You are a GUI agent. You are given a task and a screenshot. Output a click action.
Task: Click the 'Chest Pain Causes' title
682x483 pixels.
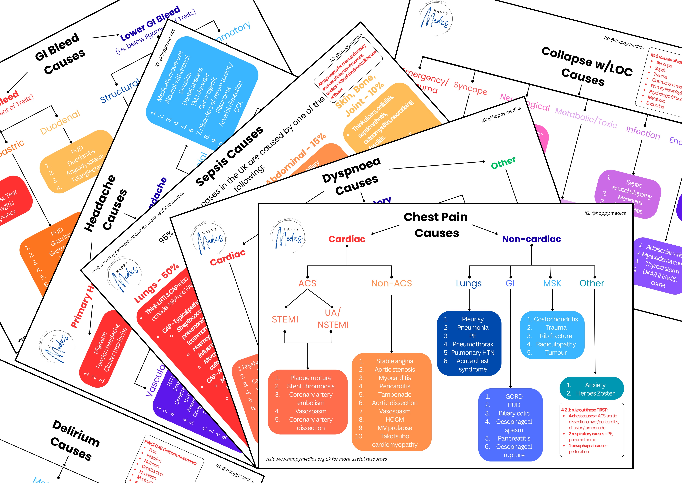click(x=436, y=225)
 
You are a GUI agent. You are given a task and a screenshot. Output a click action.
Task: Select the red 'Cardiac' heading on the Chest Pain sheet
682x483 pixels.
click(x=347, y=239)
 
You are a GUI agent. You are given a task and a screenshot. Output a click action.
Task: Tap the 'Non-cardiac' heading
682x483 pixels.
click(x=531, y=239)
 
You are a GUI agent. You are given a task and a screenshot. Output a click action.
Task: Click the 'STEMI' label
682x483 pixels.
click(x=285, y=319)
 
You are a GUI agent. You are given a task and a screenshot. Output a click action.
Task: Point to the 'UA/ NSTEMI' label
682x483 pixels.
click(x=333, y=319)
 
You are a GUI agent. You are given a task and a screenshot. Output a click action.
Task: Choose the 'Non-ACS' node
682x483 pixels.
click(x=391, y=283)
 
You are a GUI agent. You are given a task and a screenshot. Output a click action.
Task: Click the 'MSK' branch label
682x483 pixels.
click(x=552, y=283)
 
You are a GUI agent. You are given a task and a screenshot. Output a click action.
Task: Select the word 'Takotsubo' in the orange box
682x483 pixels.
click(x=395, y=436)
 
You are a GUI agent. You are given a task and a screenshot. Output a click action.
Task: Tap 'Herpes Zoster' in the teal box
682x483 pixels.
click(x=595, y=394)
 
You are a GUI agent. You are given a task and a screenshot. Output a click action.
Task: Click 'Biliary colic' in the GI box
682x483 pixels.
click(x=514, y=413)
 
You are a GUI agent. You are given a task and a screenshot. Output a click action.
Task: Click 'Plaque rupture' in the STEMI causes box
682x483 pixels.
click(x=311, y=378)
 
